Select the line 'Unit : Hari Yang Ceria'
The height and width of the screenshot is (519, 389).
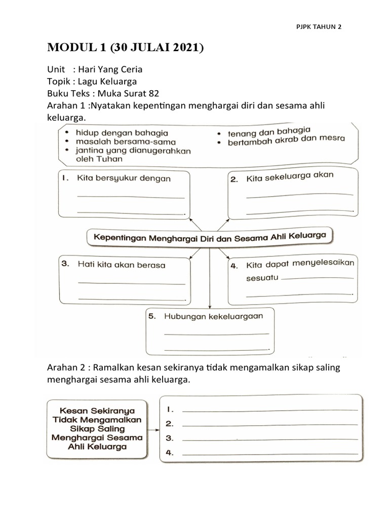point(95,69)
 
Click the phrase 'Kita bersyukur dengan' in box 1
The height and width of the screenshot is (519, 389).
point(124,178)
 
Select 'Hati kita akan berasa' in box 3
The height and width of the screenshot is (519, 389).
point(121,265)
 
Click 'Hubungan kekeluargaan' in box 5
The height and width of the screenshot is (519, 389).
point(213,316)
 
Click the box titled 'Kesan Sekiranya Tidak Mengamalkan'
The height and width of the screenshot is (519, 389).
point(95,427)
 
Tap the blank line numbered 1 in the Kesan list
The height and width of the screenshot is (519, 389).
point(269,410)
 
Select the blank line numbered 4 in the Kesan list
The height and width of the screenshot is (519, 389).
point(269,454)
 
